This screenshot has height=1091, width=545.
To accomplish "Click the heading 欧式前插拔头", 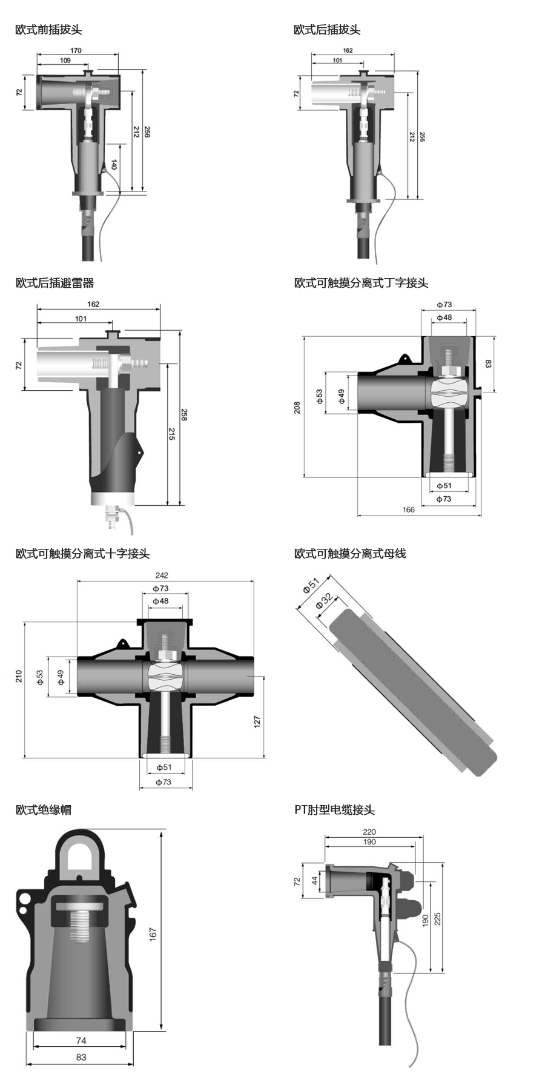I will [48, 29].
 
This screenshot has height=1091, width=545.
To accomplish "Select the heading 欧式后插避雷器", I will [54, 282].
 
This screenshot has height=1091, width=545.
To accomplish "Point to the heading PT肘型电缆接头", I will [334, 809].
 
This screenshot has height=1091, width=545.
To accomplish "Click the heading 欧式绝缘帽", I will [43, 809].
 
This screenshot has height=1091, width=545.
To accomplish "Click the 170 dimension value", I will [76, 51].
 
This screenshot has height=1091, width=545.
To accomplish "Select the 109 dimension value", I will [65, 61].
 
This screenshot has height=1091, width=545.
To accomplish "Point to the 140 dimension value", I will [114, 164].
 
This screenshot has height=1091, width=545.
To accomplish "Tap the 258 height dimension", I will [184, 415].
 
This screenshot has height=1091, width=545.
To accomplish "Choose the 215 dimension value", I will [171, 434].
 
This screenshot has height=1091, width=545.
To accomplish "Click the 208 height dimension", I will [297, 407].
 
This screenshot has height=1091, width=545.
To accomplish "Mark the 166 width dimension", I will [409, 509].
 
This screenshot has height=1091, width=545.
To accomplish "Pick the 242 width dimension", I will [162, 575].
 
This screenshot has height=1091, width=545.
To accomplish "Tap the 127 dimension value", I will [257, 721].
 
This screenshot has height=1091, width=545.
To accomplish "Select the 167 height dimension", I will [153, 933].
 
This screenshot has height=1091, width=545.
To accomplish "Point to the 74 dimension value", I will [81, 1041].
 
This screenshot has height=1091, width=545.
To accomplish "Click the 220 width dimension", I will [369, 832].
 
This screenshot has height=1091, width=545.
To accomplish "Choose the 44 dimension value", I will [315, 880].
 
